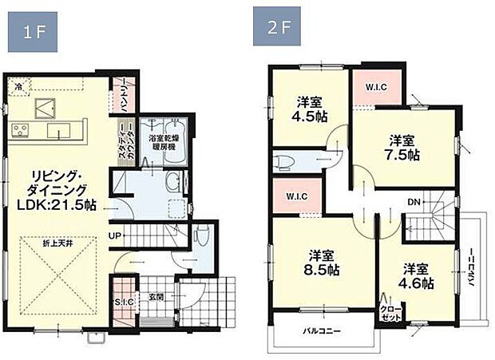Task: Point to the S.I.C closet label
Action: point(124,301)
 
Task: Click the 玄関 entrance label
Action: point(156,297)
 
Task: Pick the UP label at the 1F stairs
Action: point(114,236)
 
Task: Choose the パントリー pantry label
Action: point(125,93)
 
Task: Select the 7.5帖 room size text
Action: point(404,155)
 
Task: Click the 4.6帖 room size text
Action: point(418,283)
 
